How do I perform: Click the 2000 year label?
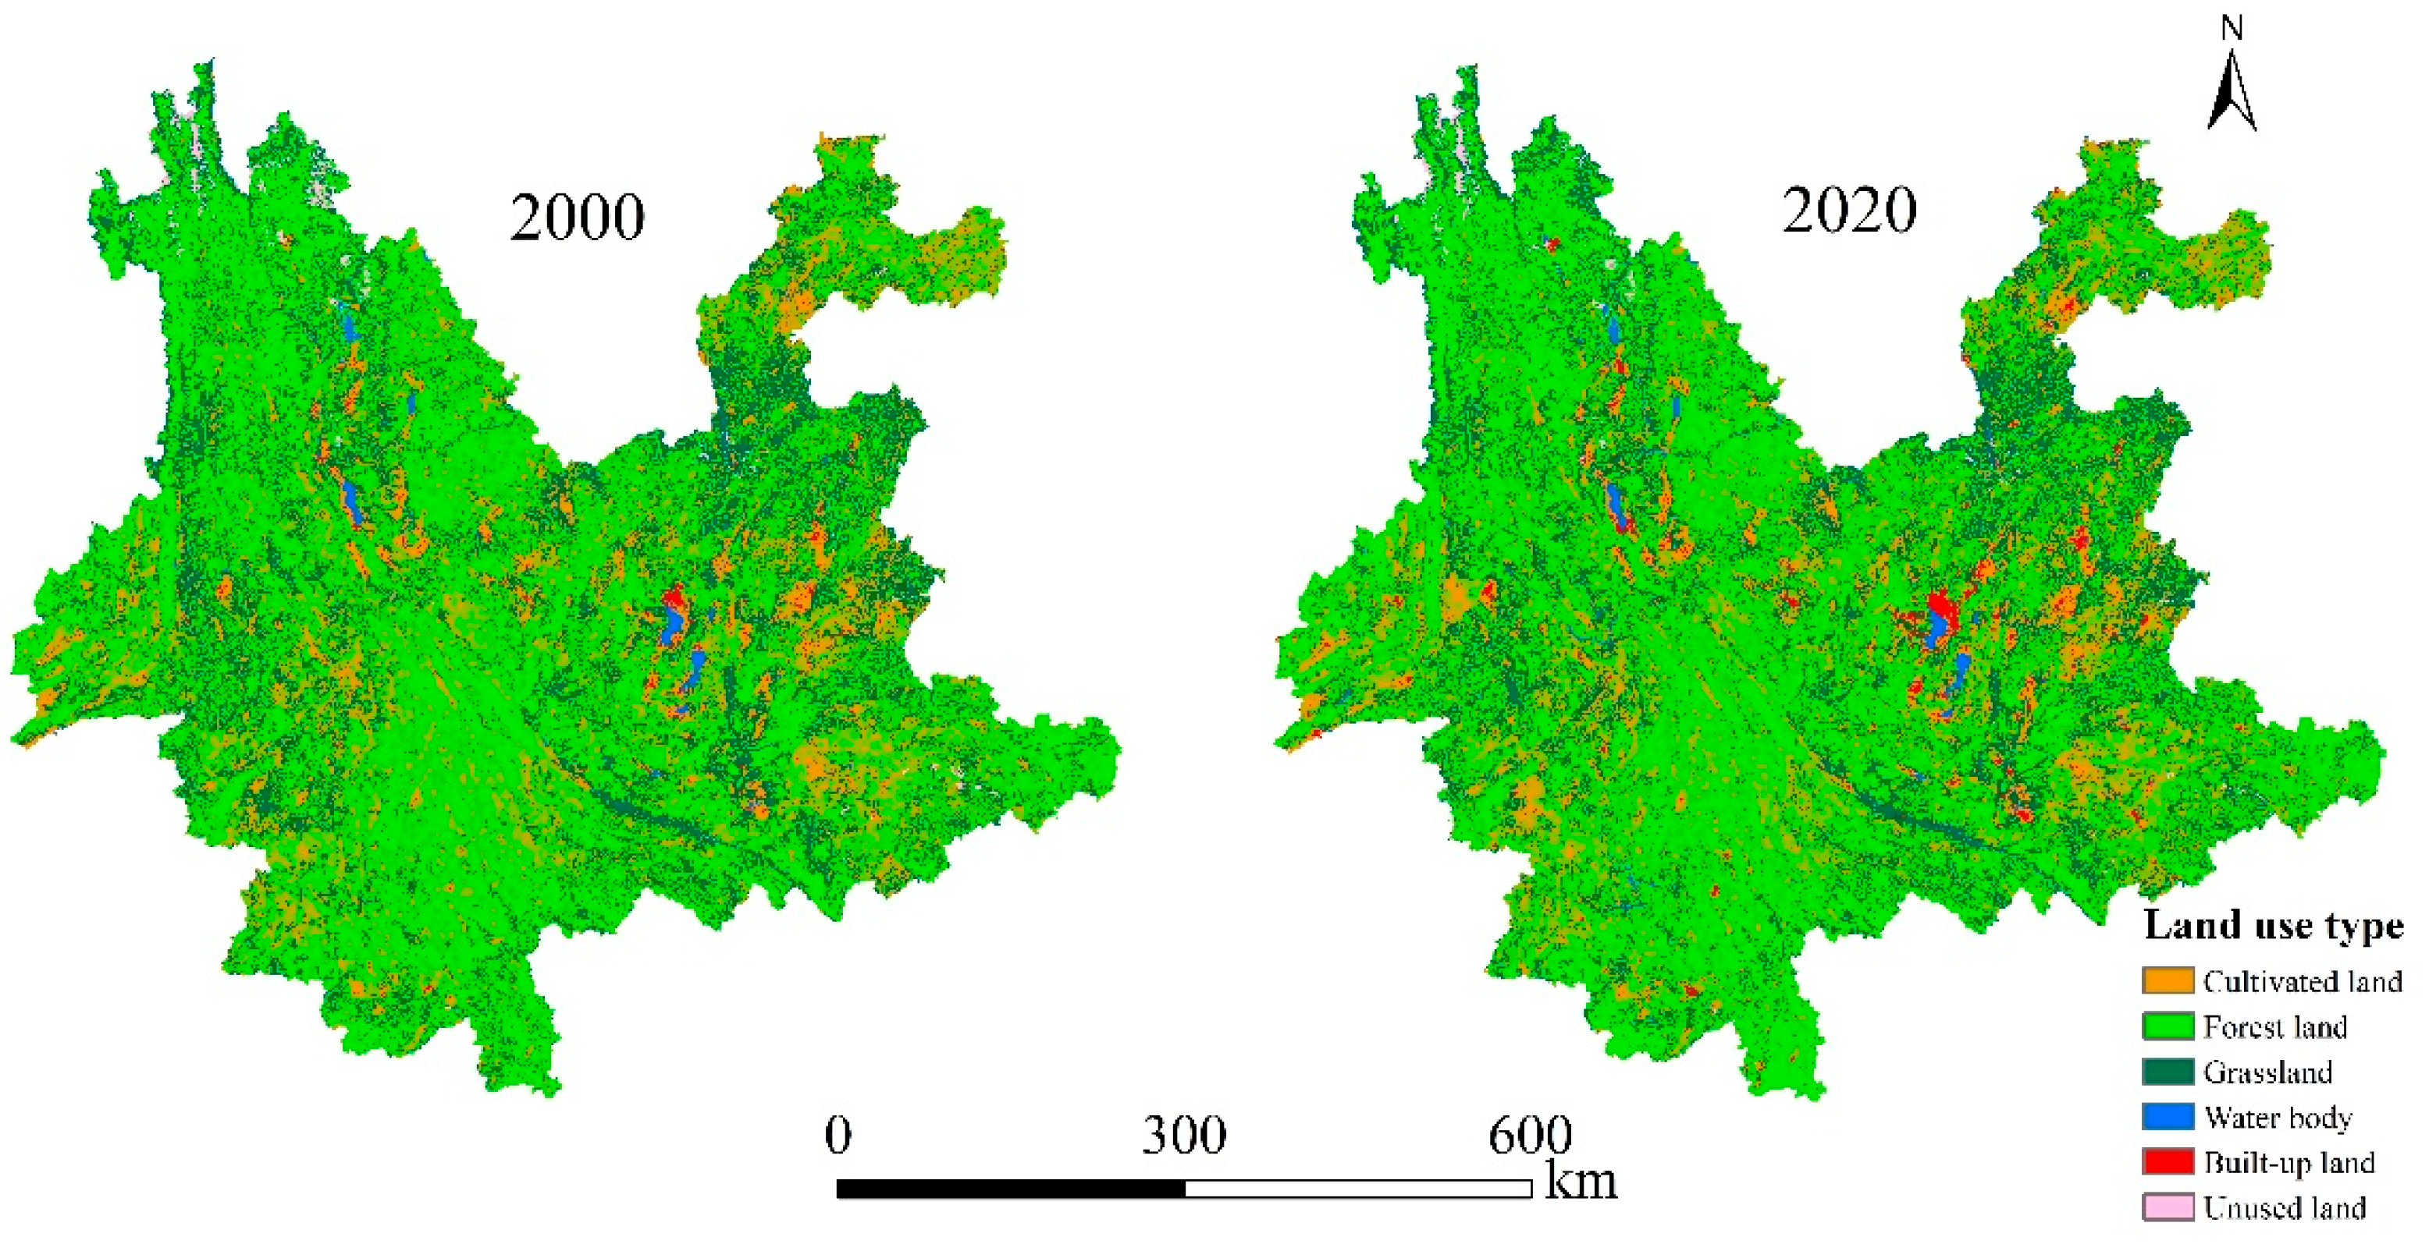click(577, 218)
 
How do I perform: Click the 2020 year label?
click(1848, 209)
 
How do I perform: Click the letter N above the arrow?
click(2231, 28)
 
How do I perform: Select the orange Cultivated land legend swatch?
click(2167, 980)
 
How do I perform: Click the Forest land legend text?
click(2274, 1026)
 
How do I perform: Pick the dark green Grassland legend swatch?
click(2167, 1072)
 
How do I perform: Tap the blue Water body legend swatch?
click(2167, 1117)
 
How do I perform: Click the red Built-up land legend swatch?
click(2167, 1162)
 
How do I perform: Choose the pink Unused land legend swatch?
click(2167, 1207)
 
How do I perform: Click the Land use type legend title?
click(2272, 926)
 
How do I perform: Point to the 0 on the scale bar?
click(838, 1135)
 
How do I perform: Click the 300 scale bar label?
click(1183, 1135)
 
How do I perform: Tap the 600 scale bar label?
click(1529, 1135)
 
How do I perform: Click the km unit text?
click(1581, 1181)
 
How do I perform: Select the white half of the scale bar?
click(1358, 1189)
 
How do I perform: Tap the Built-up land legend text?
click(2288, 1162)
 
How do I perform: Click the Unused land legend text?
click(2284, 1207)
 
